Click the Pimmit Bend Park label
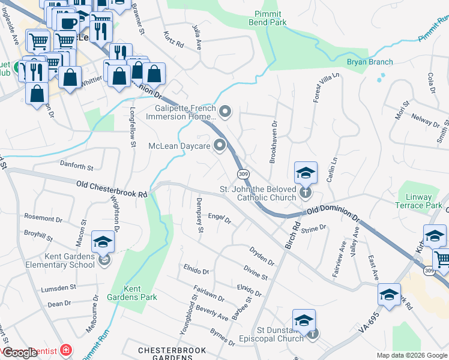[268, 18]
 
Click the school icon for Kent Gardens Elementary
[103, 242]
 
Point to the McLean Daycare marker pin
[220, 145]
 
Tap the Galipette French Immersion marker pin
[226, 111]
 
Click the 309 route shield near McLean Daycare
[243, 173]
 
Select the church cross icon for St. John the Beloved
[306, 192]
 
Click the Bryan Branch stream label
[370, 62]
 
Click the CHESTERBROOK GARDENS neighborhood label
[172, 353]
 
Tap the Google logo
[20, 353]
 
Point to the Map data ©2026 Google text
[411, 355]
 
